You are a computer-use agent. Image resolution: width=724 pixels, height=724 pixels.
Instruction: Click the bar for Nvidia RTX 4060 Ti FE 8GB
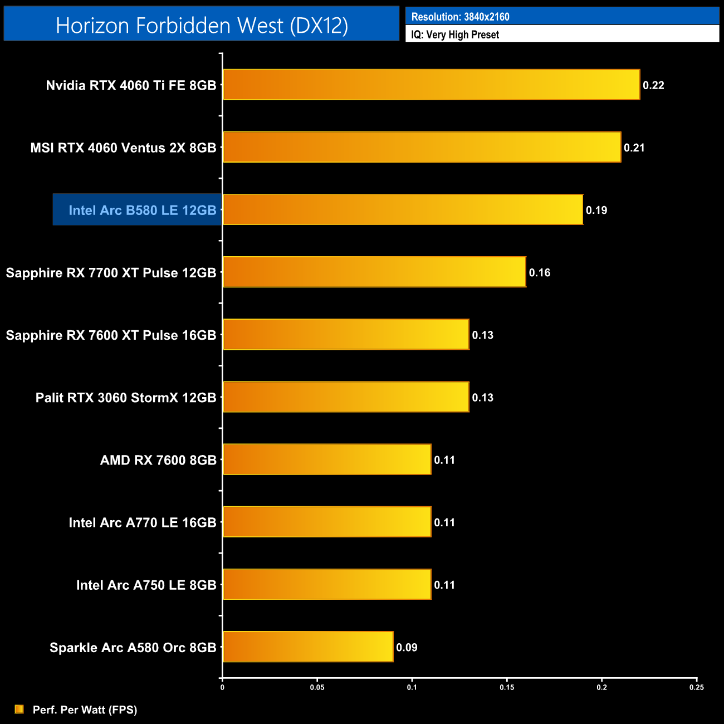click(x=432, y=85)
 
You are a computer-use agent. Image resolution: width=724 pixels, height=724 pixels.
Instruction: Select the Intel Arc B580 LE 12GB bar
click(x=403, y=209)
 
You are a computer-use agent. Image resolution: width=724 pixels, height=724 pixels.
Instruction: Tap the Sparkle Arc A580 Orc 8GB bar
click(x=308, y=647)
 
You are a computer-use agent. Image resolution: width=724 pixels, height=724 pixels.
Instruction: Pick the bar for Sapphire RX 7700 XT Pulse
click(x=374, y=272)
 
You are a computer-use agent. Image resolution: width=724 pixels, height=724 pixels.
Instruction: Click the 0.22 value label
click(x=653, y=85)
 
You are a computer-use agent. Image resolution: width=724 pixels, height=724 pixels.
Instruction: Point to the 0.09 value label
click(x=407, y=647)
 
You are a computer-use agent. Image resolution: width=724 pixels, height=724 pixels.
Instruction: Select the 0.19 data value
click(x=596, y=210)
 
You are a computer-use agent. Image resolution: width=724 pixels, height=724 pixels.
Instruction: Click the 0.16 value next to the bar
click(x=540, y=272)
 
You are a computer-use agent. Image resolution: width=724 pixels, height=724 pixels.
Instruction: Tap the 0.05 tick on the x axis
click(x=317, y=687)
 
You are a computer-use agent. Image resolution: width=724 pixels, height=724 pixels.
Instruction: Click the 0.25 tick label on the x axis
click(x=696, y=687)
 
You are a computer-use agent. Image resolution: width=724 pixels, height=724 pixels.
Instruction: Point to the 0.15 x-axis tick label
click(x=507, y=687)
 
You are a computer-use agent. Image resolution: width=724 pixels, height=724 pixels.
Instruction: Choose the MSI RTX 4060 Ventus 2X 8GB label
click(x=123, y=148)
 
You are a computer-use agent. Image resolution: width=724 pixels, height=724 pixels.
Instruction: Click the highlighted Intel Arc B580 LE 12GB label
click(x=142, y=210)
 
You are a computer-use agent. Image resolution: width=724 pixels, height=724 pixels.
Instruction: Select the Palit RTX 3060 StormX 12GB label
click(x=126, y=398)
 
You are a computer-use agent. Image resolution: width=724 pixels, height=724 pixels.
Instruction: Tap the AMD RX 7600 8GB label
click(x=158, y=460)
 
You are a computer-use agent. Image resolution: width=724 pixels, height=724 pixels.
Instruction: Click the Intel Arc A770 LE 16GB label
click(x=143, y=522)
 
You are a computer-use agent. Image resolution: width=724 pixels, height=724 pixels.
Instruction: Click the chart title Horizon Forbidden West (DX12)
click(x=202, y=25)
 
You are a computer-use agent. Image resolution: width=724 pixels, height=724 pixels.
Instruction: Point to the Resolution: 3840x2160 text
click(x=460, y=17)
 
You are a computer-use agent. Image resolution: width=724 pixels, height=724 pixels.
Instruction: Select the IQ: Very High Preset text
click(x=455, y=35)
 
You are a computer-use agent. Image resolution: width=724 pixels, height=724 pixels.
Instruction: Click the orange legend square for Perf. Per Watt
click(x=19, y=709)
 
